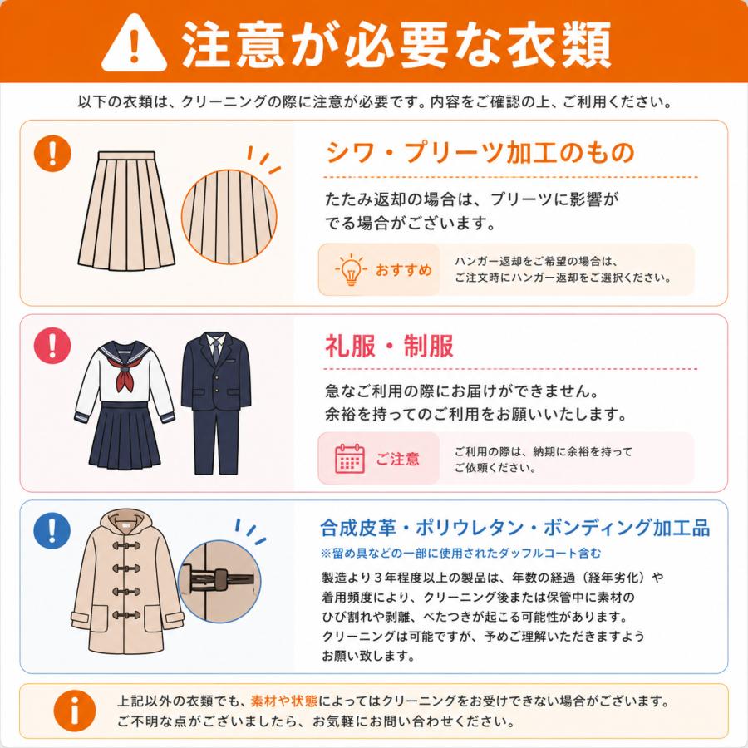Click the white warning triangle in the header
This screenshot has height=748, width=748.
(x=134, y=45)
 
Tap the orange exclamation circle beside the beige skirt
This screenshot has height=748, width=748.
(x=52, y=153)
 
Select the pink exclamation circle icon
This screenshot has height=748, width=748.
(x=52, y=346)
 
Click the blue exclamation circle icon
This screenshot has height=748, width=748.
(x=52, y=530)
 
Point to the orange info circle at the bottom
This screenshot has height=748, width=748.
(x=75, y=711)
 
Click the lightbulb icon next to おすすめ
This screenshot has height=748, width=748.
(x=351, y=269)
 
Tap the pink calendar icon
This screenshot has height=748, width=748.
(x=350, y=459)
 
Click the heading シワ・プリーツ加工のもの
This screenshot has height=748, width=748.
(x=480, y=153)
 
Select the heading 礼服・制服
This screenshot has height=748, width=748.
(x=389, y=346)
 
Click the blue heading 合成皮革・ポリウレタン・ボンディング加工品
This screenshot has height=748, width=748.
(x=514, y=528)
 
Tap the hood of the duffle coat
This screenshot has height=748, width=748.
(x=125, y=524)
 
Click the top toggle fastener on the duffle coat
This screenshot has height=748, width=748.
(x=126, y=545)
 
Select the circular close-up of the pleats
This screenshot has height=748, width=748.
(x=229, y=217)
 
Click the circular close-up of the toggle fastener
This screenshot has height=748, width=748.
(x=219, y=582)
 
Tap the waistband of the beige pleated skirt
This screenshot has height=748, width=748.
(x=126, y=155)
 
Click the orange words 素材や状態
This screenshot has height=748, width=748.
(x=284, y=701)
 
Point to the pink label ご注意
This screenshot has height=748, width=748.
(x=397, y=459)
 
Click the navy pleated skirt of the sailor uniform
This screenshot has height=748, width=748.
(x=125, y=435)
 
